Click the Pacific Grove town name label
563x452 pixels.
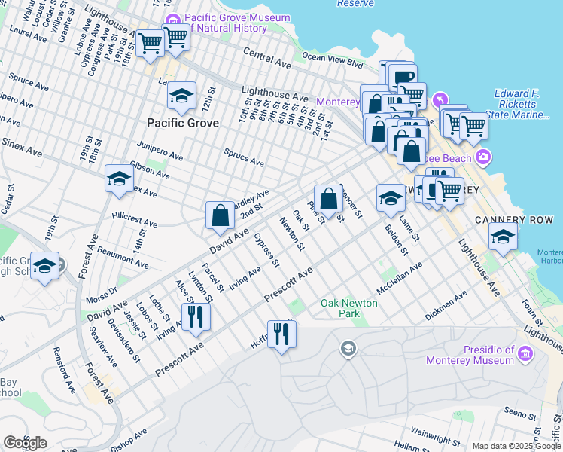[x=183, y=123]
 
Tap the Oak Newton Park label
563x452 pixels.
[x=350, y=307]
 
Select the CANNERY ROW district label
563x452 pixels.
[x=504, y=220]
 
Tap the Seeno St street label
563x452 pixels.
[x=520, y=412]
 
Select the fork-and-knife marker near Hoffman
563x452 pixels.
[x=281, y=333]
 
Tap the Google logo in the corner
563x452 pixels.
[x=26, y=442]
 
